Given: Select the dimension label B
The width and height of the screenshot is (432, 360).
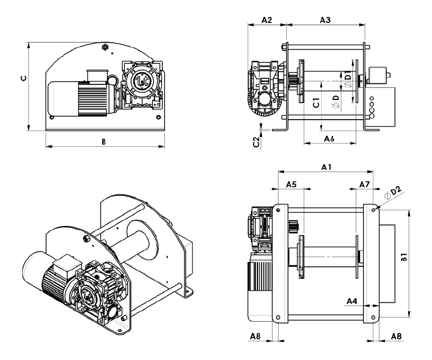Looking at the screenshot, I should pyautogui.click(x=103, y=142).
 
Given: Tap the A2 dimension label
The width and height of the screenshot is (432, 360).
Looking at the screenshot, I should pyautogui.click(x=267, y=20).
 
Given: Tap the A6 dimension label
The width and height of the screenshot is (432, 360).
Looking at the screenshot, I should pyautogui.click(x=329, y=138).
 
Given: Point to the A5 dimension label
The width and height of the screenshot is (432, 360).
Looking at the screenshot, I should pyautogui.click(x=291, y=184).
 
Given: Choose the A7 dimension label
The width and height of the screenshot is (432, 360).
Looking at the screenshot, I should pyautogui.click(x=364, y=184).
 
